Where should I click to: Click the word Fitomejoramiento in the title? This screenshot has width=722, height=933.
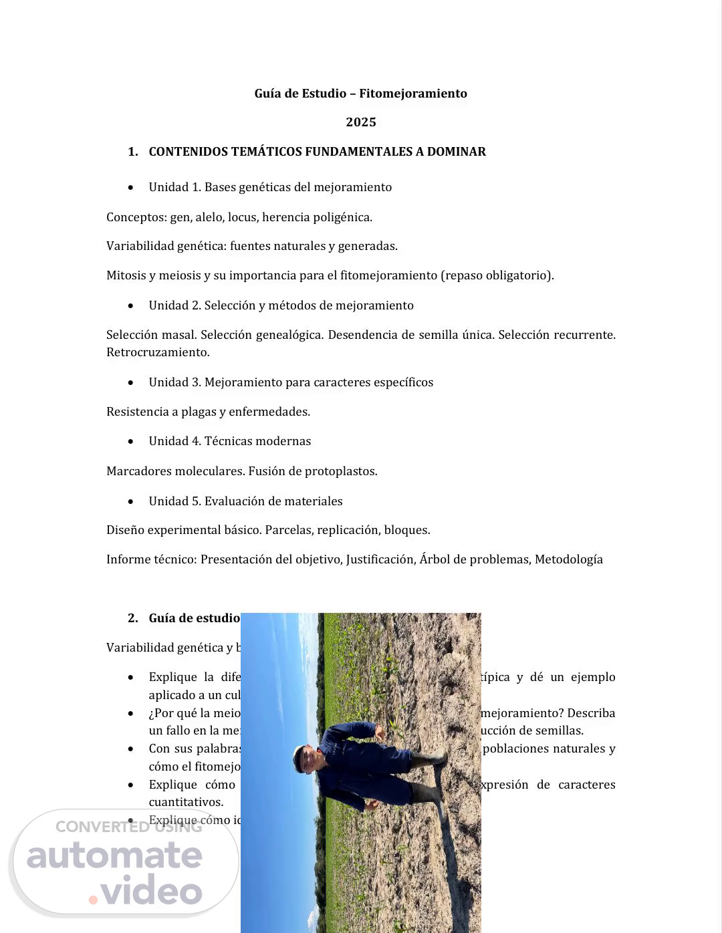click(x=412, y=94)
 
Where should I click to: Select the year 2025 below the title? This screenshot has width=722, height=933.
click(x=361, y=122)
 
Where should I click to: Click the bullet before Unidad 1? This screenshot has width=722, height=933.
click(x=131, y=188)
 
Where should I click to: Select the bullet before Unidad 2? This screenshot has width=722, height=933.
click(x=131, y=306)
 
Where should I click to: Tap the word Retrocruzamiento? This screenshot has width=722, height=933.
click(x=158, y=352)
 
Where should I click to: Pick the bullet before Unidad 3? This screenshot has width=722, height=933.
click(x=131, y=383)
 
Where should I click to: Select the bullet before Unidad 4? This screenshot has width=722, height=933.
click(x=131, y=442)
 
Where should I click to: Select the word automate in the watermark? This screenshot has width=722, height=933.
click(x=114, y=856)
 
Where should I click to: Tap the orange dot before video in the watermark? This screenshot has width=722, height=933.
click(x=93, y=900)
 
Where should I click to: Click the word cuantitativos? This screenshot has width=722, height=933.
click(x=186, y=802)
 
